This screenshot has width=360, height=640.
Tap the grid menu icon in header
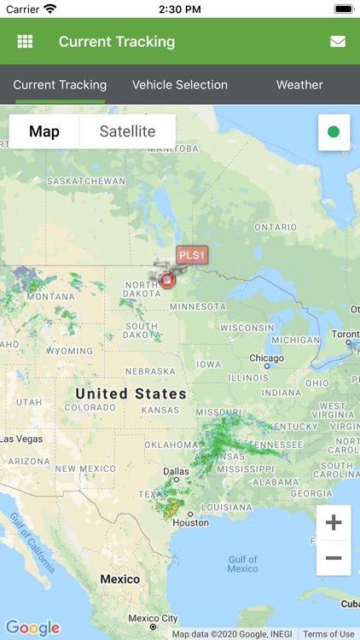(25, 41)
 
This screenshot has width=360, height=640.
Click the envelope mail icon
(338, 41)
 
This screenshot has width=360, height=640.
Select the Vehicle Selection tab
(180, 84)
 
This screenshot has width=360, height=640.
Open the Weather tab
(299, 84)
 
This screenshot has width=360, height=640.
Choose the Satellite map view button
(127, 131)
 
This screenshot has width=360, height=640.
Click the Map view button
(44, 131)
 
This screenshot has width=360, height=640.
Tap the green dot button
(334, 132)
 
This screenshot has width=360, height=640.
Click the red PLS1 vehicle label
(192, 254)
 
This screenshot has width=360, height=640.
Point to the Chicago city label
(266, 358)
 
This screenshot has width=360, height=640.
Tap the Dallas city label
(177, 471)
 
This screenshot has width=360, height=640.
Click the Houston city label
(191, 523)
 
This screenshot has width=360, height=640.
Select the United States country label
(131, 393)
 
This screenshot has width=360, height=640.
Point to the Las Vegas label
(21, 439)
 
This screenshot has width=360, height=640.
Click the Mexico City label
(153, 619)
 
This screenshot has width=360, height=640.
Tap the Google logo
(33, 628)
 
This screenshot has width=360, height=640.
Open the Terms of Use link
(328, 634)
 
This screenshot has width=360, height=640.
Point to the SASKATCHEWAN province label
(85, 181)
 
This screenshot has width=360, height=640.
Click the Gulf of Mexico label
(242, 564)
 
